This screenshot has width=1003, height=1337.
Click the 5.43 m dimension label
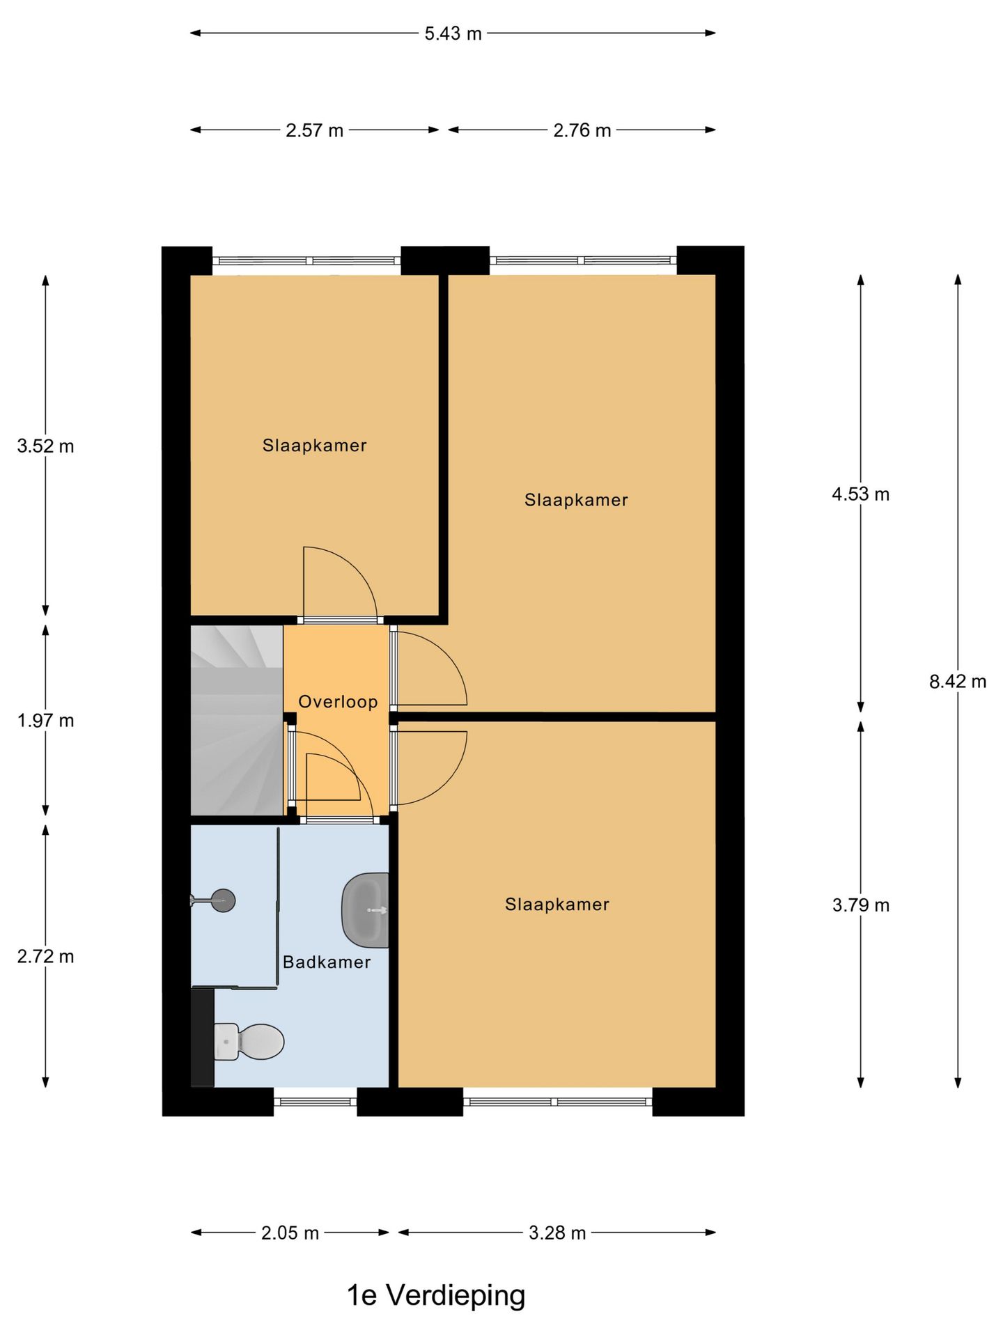[x=453, y=33]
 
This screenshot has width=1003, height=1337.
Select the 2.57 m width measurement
[x=314, y=130]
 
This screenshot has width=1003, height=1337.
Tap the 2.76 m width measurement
[x=582, y=130]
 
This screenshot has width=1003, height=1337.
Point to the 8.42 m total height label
[x=958, y=682]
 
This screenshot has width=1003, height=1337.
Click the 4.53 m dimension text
[x=860, y=494]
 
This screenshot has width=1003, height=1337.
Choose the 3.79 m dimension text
[x=860, y=905]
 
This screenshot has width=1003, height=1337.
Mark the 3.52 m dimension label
[x=45, y=446]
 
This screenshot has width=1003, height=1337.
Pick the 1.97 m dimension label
[x=45, y=721]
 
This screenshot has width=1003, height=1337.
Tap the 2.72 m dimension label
[x=45, y=957]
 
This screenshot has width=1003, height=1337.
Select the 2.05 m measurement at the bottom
[x=290, y=1233]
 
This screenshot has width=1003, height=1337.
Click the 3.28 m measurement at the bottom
[x=557, y=1233]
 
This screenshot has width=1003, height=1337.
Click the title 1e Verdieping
[x=436, y=1296]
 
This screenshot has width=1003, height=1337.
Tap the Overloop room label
[x=338, y=702]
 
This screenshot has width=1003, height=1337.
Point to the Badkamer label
[x=327, y=962]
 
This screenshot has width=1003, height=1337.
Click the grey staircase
[x=237, y=721]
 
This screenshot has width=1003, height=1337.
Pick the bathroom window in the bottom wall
[x=315, y=1102]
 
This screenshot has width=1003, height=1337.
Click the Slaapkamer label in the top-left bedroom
[x=314, y=446]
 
